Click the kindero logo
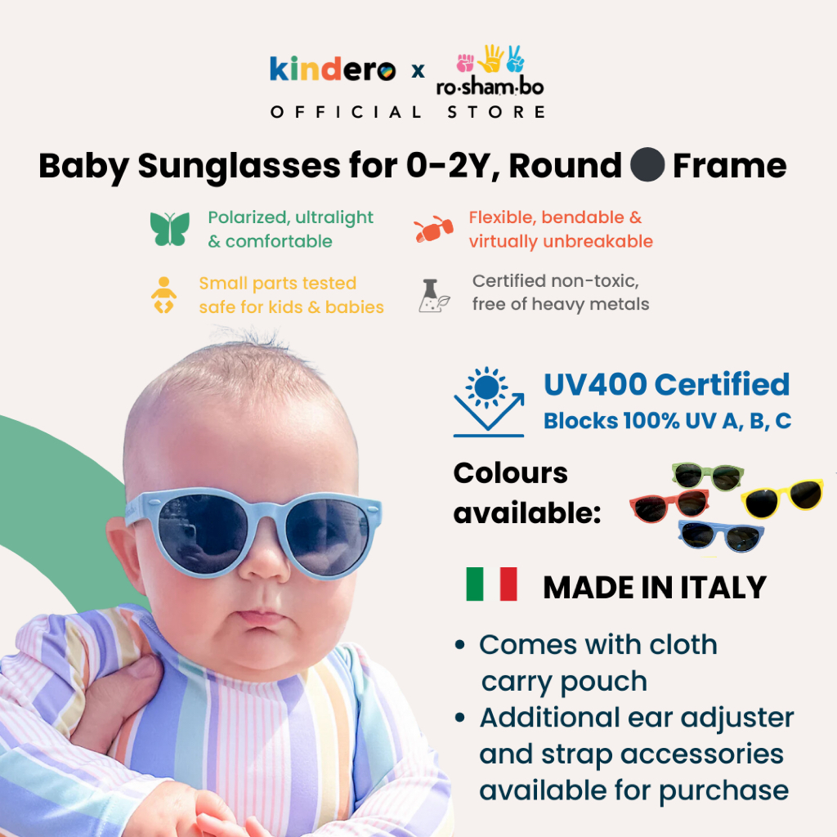click(x=333, y=69)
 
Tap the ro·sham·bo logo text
click(x=490, y=87)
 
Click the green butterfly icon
click(x=170, y=229)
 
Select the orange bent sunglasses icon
click(x=433, y=230)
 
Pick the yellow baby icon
click(x=163, y=294)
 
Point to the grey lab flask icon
click(x=433, y=295)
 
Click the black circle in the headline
click(x=647, y=164)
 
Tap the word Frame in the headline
click(x=729, y=165)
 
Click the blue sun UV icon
click(x=489, y=401)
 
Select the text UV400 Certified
click(x=666, y=384)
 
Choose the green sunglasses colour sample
click(x=708, y=477)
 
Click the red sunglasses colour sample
click(x=669, y=506)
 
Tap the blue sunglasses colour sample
click(x=721, y=536)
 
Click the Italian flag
click(x=491, y=584)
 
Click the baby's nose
click(x=264, y=563)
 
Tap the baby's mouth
click(x=262, y=618)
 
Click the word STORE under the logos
click(x=496, y=112)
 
